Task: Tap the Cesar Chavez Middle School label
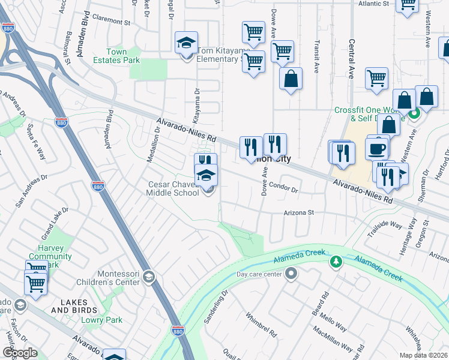172,188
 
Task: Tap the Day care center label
259,274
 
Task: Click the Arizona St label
300,212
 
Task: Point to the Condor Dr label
283,187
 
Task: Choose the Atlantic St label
373,4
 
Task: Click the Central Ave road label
352,59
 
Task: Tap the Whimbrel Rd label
261,323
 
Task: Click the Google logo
20,353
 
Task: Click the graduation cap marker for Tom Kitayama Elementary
187,43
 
